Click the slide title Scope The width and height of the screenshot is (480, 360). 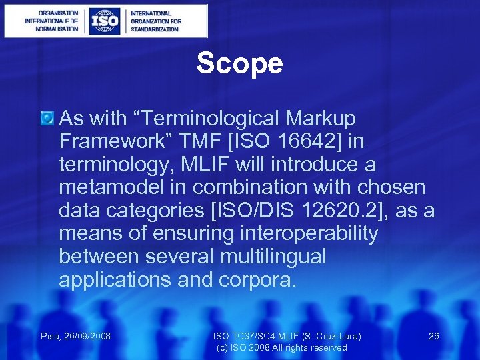(x=239, y=64)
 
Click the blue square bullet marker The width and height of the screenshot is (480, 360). (x=47, y=119)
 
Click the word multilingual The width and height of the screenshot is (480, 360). (x=273, y=257)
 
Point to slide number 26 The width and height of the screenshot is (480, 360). (x=433, y=336)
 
